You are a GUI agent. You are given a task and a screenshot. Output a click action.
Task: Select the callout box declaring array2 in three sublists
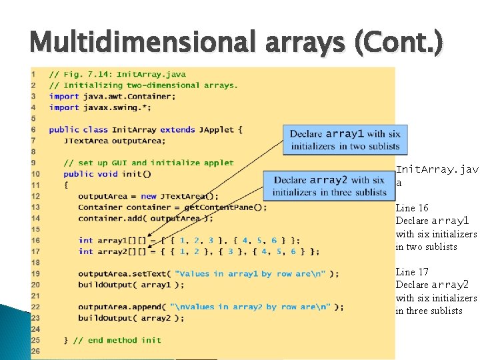(x=329, y=185)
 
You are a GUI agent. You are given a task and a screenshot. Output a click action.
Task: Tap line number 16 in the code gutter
(x=35, y=240)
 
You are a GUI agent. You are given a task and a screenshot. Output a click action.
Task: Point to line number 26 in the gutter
(x=35, y=351)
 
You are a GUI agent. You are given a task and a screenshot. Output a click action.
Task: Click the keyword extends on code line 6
(x=178, y=129)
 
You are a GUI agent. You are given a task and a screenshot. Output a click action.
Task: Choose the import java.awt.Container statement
(x=113, y=96)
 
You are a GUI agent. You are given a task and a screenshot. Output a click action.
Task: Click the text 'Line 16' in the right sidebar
(x=412, y=208)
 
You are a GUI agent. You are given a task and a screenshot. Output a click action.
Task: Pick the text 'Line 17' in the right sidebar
(x=412, y=272)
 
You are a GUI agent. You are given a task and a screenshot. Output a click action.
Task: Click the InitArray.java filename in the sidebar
(x=437, y=175)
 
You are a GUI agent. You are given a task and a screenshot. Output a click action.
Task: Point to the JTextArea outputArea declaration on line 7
(x=114, y=141)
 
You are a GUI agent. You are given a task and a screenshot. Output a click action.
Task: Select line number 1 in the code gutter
(x=34, y=74)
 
